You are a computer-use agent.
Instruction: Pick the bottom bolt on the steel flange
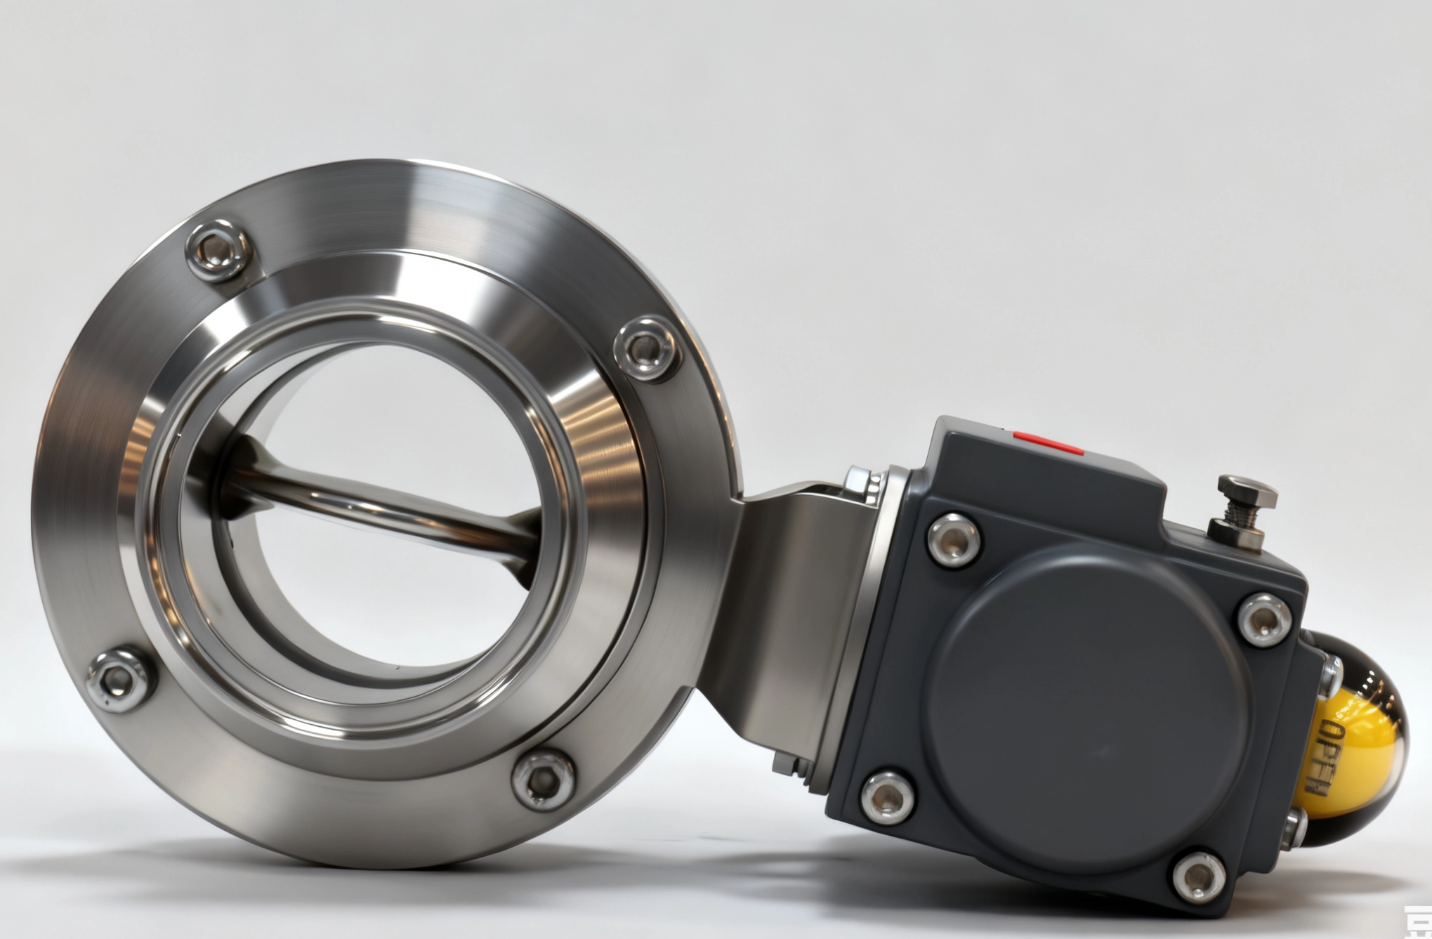[x=541, y=777]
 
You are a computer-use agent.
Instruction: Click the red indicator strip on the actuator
[x=1047, y=444]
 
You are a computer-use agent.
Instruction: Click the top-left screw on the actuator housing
[x=954, y=539]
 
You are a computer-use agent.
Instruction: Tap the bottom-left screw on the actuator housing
[x=887, y=796]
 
